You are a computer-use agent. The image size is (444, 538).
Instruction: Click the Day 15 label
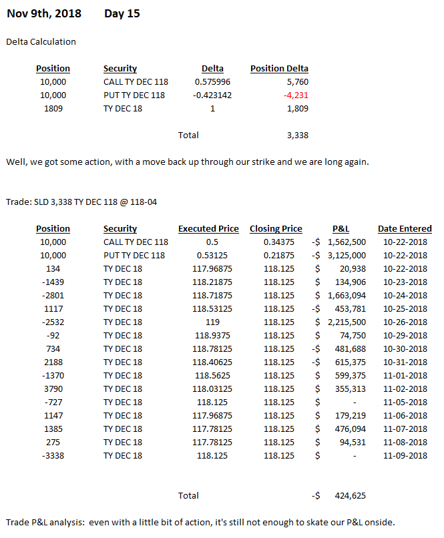122,13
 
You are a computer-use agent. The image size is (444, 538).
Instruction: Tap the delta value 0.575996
212,81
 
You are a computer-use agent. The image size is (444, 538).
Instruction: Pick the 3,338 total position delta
294,135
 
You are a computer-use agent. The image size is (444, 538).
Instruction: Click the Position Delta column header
279,68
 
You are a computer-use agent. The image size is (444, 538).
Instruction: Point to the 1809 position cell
53,108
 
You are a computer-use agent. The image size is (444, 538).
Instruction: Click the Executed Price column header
208,228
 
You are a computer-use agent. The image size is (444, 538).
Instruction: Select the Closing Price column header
276,228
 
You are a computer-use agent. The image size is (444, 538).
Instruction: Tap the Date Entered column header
405,228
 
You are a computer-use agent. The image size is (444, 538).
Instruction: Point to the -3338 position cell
53,455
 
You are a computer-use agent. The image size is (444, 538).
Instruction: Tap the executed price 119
208,322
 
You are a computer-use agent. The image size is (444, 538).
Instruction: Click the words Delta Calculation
41,41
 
